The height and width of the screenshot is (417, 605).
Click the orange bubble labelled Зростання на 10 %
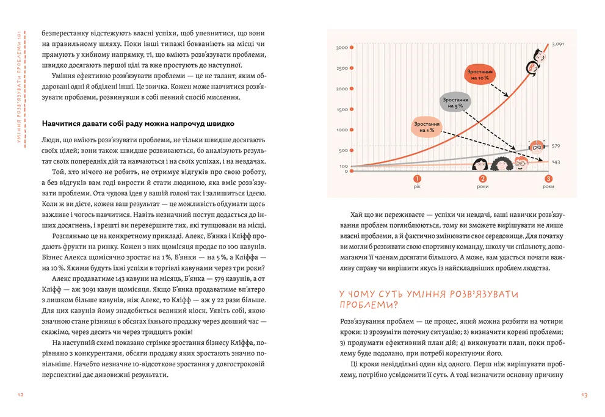click(x=479, y=75)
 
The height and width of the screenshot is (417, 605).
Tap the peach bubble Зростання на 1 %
click(x=427, y=127)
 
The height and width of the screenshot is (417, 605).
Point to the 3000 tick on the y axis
click(x=342, y=47)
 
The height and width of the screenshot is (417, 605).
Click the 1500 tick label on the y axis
click(x=342, y=110)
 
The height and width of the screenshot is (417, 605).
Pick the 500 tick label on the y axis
click(x=343, y=151)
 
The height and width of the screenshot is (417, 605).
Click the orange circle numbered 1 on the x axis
click(x=417, y=179)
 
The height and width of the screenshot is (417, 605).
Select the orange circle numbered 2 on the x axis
click(x=483, y=179)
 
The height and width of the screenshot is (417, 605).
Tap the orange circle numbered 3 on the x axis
click(x=548, y=179)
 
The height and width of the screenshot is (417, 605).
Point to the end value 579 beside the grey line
click(x=556, y=146)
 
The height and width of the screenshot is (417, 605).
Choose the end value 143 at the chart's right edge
click(x=556, y=162)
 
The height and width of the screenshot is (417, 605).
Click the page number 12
click(x=21, y=396)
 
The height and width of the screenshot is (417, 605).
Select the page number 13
click(x=584, y=396)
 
